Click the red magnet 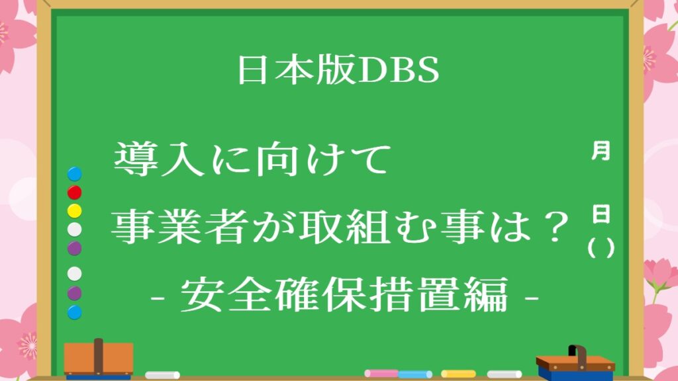click(74, 192)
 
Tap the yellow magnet click(74, 211)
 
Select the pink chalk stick click(381, 373)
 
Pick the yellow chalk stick click(458, 374)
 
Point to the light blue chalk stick click(415, 374)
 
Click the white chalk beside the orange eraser click(163, 375)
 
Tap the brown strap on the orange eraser click(99, 357)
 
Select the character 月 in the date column click(601, 151)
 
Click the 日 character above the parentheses click(601, 214)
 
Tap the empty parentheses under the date click(601, 249)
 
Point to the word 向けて click(322, 159)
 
